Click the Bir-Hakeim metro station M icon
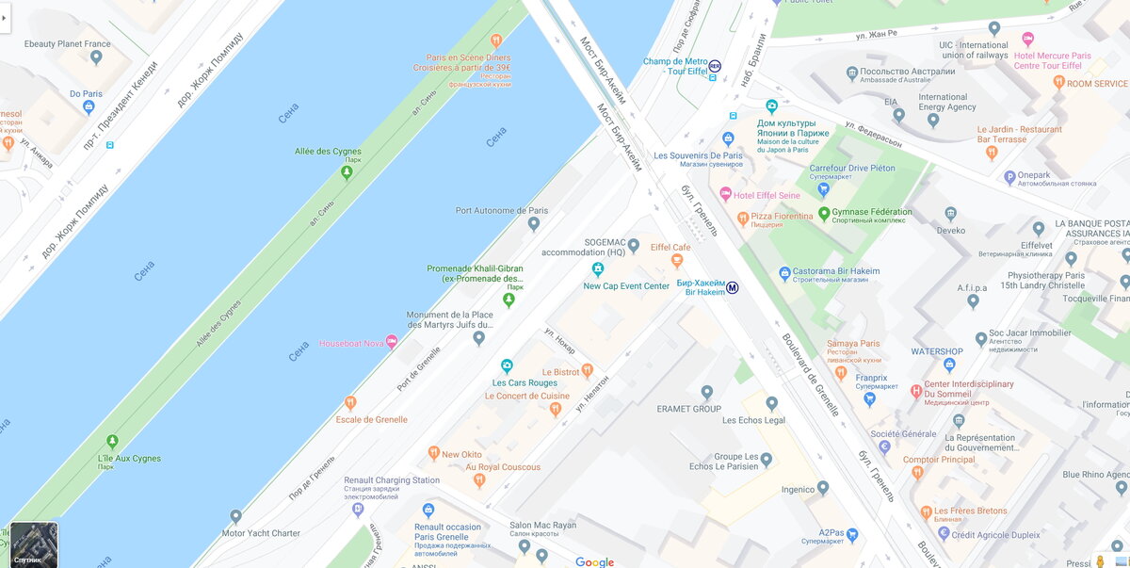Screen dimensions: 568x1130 click(733, 287)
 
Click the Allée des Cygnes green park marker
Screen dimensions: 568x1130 click(347, 172)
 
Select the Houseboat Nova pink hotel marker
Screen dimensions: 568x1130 click(392, 342)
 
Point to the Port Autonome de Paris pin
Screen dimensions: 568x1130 click(534, 224)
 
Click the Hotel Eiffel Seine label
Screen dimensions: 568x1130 click(767, 195)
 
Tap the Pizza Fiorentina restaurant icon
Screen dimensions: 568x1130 click(742, 218)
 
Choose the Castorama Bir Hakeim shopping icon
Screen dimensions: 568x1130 click(784, 273)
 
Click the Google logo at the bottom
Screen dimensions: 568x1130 click(594, 561)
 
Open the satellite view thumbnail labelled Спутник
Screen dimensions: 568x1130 click(34, 544)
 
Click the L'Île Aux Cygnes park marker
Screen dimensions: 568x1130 click(112, 441)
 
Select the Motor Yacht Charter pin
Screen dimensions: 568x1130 click(235, 516)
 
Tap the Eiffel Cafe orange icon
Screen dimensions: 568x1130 click(677, 261)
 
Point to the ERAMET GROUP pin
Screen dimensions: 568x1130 click(707, 392)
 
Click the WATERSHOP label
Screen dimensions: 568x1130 click(937, 352)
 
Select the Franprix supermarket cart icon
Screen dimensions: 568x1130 click(869, 398)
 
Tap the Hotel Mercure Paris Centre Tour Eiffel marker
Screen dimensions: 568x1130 click(1027, 39)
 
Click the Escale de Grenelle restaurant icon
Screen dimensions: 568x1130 click(350, 403)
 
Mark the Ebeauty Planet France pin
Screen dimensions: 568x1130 click(96, 57)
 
